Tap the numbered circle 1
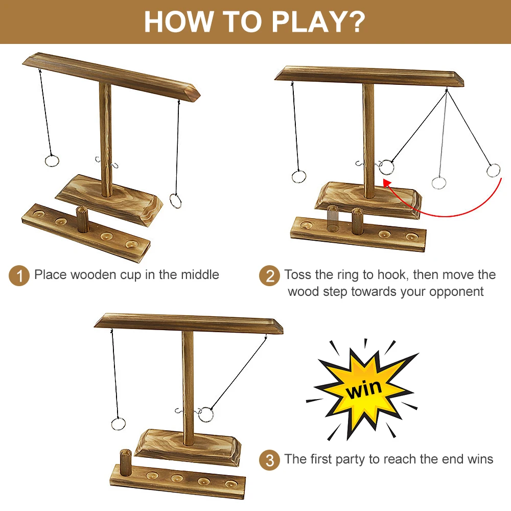pos(19,276)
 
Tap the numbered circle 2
pos(269,276)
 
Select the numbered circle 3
pos(269,460)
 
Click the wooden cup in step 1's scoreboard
pos(82,219)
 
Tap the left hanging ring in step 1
pos(52,160)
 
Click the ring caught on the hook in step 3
pos(205,414)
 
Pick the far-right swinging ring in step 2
pos(493,170)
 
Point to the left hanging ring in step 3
pos(118,423)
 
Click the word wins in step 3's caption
pos(480,459)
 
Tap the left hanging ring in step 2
pos(299,177)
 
